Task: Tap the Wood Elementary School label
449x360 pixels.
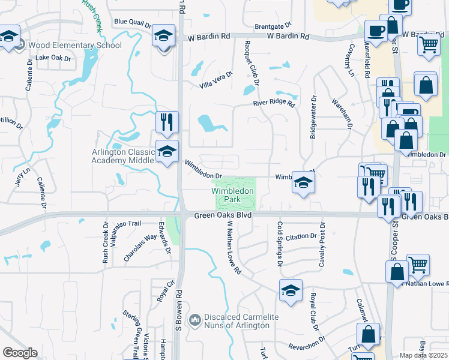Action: coord(76,45)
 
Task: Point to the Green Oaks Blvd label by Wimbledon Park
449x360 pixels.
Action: coord(221,215)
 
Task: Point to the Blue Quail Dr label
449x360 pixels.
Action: coord(133,23)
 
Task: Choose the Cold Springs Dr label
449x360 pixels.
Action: coord(280,244)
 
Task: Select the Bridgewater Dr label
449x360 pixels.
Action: coord(313,117)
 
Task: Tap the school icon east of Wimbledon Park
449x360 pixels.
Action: coord(303,182)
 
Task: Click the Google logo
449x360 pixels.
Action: coord(20,353)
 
